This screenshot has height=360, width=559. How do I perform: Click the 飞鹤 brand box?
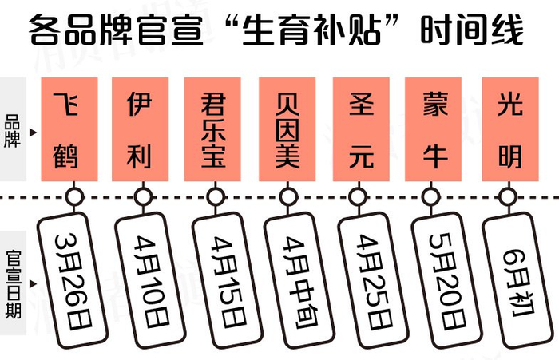[69, 129]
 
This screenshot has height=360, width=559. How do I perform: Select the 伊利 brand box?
[140, 129]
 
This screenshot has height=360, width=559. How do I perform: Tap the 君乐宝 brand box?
[212, 129]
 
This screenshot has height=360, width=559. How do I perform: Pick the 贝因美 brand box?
[287, 129]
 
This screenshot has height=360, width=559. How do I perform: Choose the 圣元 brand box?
[361, 129]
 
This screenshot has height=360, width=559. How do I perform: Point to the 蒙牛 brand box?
[433, 129]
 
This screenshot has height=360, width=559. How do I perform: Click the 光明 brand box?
[510, 129]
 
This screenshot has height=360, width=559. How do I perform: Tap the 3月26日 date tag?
[73, 280]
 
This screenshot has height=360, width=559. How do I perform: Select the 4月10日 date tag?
[150, 280]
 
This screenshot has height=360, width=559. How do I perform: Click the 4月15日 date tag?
[228, 280]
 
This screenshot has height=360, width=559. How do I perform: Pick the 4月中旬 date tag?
[299, 280]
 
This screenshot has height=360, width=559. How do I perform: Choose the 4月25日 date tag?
[373, 280]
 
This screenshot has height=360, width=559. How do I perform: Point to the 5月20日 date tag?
[447, 280]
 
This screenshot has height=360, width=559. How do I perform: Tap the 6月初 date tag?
[518, 280]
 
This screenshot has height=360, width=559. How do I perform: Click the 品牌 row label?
[13, 131]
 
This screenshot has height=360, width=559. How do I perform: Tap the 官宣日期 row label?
[14, 284]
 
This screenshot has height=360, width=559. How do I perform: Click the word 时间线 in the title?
[472, 30]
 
